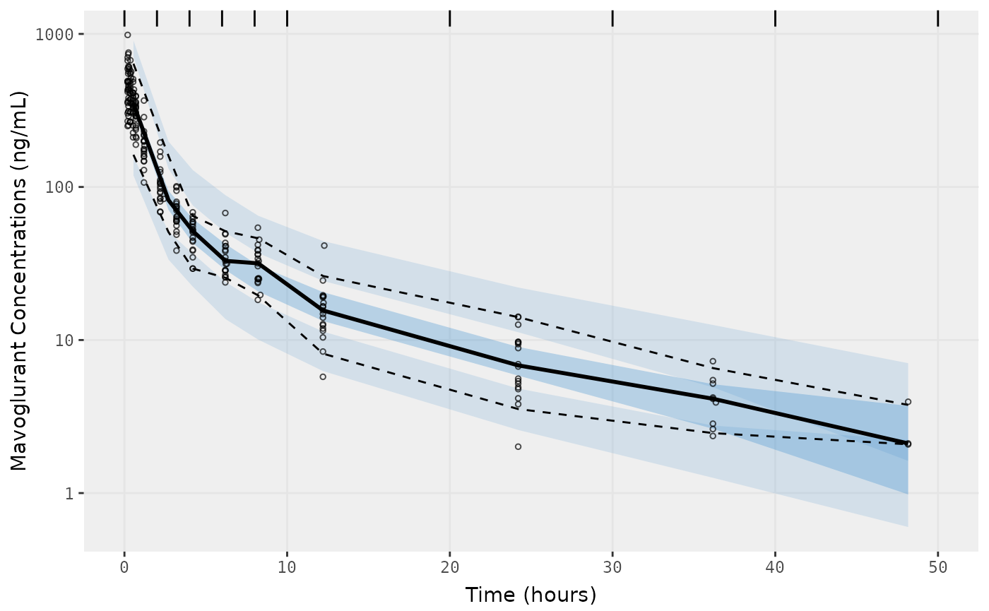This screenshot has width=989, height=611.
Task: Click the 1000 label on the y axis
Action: coord(55,35)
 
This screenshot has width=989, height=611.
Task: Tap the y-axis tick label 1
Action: coord(69,493)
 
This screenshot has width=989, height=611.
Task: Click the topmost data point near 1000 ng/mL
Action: coord(127,35)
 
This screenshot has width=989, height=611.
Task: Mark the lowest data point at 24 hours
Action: coord(518,446)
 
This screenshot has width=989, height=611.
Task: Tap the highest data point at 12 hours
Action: coord(324,246)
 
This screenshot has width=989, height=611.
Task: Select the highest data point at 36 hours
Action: coord(713,361)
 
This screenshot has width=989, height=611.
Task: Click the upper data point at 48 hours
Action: coord(908,402)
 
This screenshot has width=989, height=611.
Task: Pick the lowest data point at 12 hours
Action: coord(323,376)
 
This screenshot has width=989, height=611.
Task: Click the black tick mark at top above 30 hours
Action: coord(612,18)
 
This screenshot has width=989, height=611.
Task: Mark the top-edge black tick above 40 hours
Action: coord(775,18)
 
